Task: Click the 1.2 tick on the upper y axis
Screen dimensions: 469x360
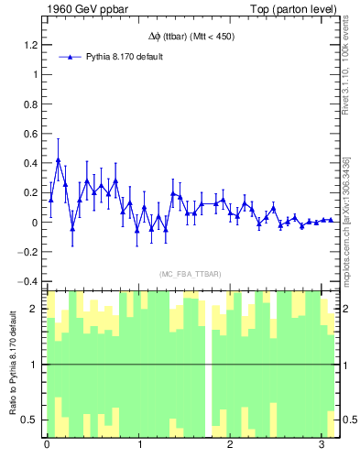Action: pos(30,44)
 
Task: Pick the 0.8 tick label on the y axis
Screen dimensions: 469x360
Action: pos(30,104)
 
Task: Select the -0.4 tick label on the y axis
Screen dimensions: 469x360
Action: pos(27,281)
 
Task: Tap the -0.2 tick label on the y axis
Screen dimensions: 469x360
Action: pos(27,252)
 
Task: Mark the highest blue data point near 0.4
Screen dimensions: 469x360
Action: pos(59,160)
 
